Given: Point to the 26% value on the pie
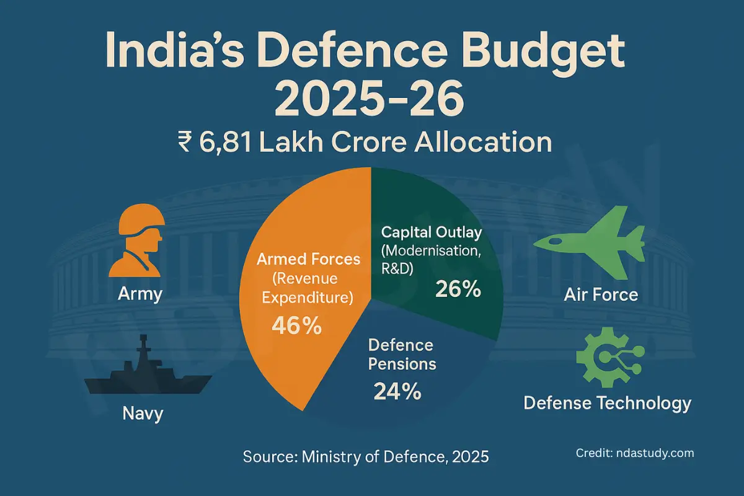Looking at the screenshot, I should [458, 289].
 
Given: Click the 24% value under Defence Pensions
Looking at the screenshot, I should [397, 391].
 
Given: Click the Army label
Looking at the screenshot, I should [140, 293].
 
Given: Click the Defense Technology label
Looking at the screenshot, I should [607, 404].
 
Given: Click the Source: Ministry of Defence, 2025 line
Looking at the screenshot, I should [366, 457].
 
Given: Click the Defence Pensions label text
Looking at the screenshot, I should [401, 354].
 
